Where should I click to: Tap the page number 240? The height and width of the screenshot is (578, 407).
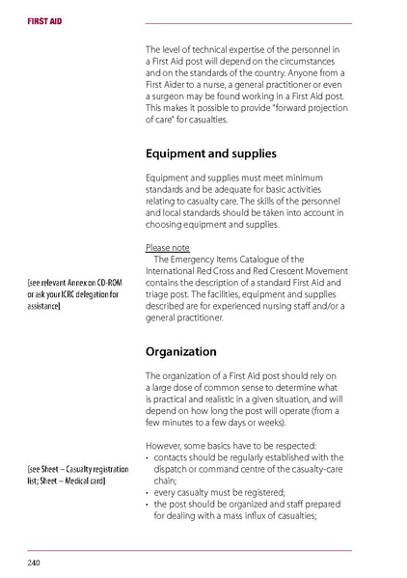tap(34, 560)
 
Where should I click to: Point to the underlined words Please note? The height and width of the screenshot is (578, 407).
tap(167, 247)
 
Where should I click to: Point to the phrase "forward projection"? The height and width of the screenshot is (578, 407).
tap(307, 109)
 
